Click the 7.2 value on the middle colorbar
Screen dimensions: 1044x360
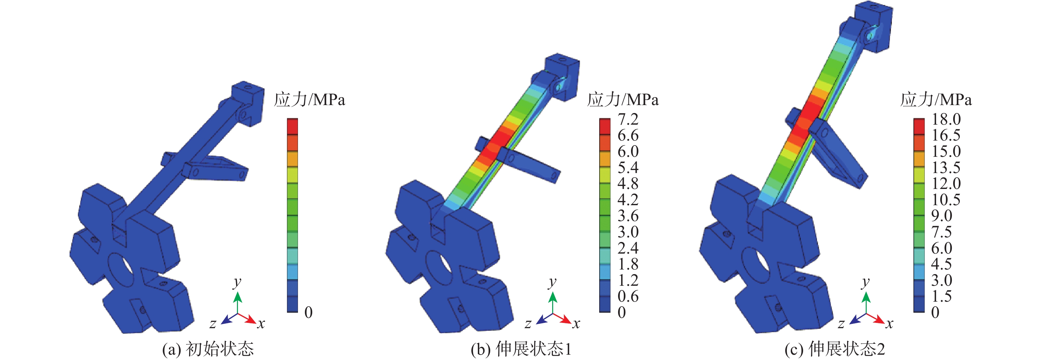[x=628, y=119]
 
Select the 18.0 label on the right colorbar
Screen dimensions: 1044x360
[x=946, y=119]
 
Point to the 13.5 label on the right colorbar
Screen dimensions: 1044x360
[x=946, y=167]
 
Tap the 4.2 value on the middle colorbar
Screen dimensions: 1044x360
[x=628, y=200]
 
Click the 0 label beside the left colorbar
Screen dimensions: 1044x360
[x=309, y=312]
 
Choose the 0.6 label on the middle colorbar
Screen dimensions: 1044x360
[x=628, y=296]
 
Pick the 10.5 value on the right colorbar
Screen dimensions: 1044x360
[x=946, y=200]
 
